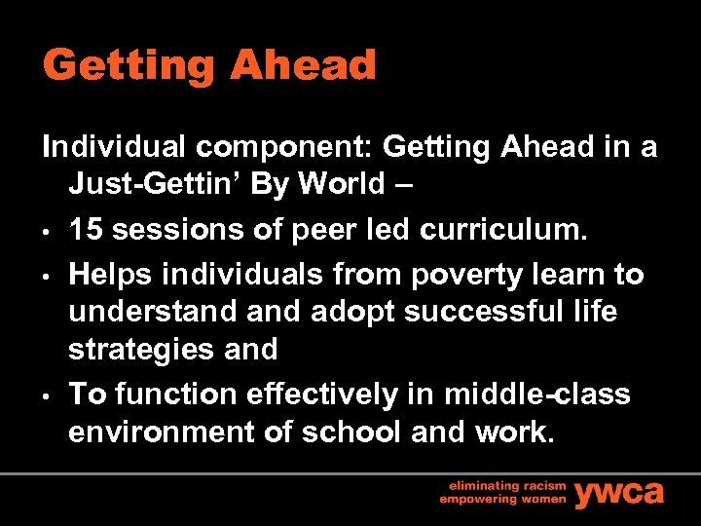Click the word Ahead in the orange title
(303, 66)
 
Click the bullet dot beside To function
(46, 396)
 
